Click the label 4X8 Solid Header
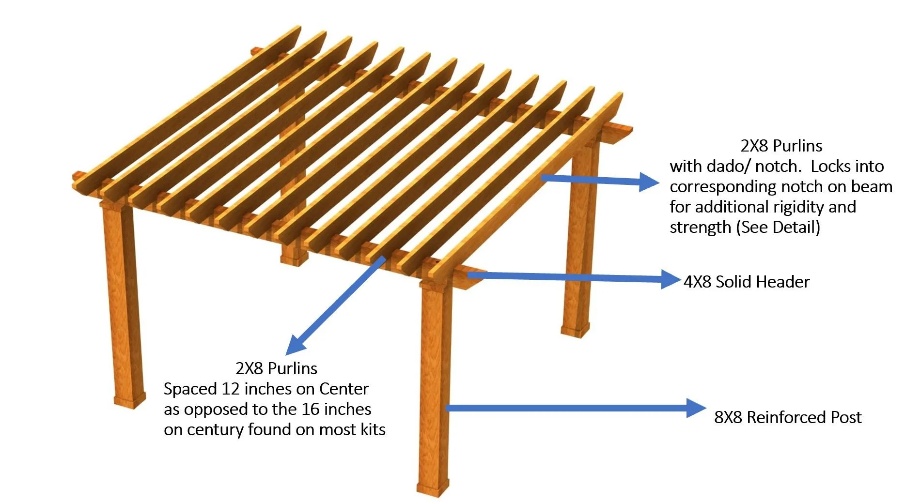click(x=746, y=282)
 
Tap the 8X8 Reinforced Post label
click(x=788, y=417)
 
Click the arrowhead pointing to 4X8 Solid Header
click(x=671, y=279)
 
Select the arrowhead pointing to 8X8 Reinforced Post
click(x=696, y=408)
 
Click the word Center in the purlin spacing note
click(x=344, y=389)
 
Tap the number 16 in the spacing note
click(x=311, y=409)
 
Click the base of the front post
click(x=433, y=489)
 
